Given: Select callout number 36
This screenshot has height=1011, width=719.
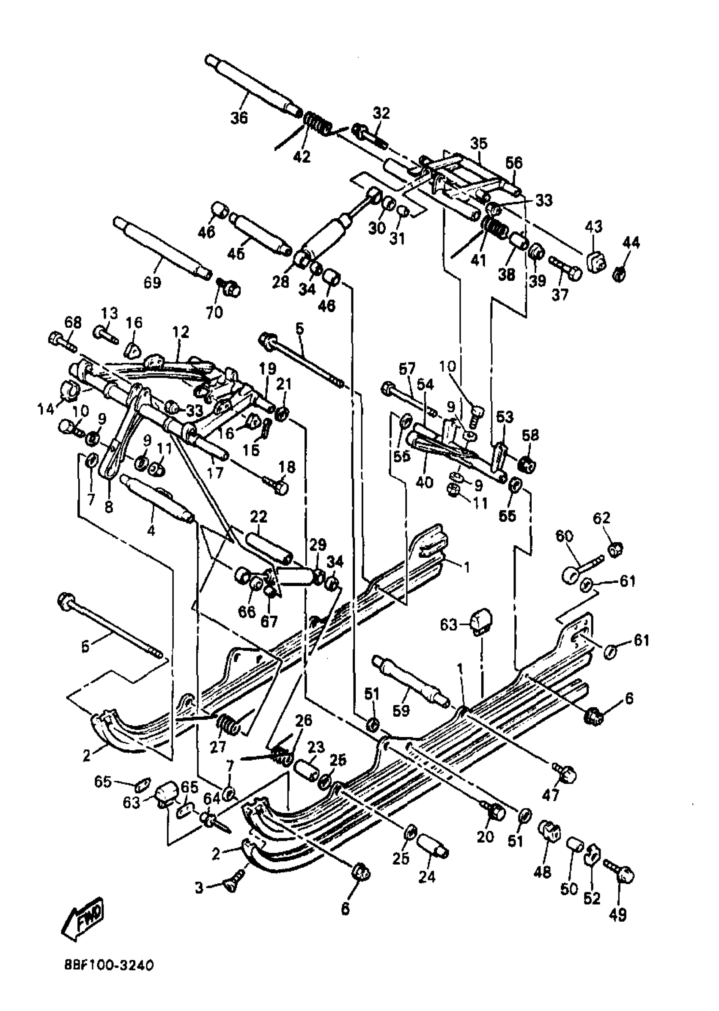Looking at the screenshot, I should click(239, 119).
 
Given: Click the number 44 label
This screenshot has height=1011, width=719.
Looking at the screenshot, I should click(631, 243).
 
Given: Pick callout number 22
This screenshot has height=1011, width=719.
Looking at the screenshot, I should click(258, 517).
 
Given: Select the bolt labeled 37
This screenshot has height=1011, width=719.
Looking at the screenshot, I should click(566, 267).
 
